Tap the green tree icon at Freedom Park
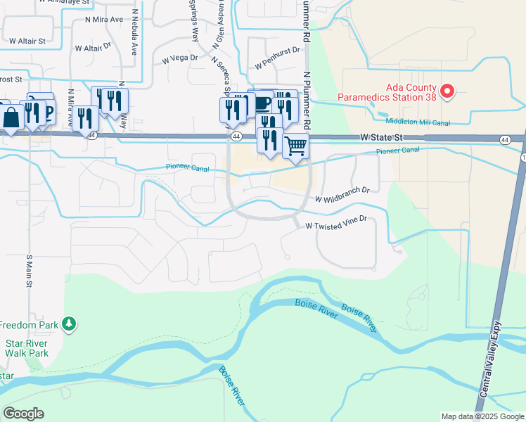click(x=69, y=324)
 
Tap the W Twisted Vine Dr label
click(x=336, y=222)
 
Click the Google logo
click(x=23, y=414)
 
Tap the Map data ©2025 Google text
click(x=482, y=416)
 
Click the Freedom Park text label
click(x=27, y=325)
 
